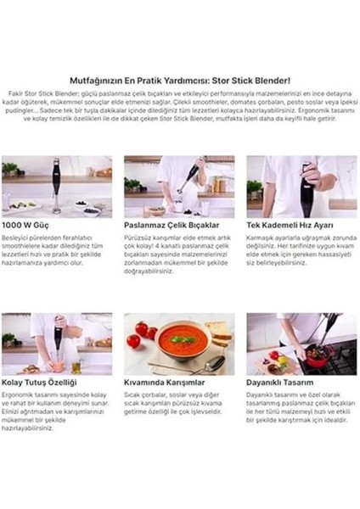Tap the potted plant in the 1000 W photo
pos(11,169)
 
